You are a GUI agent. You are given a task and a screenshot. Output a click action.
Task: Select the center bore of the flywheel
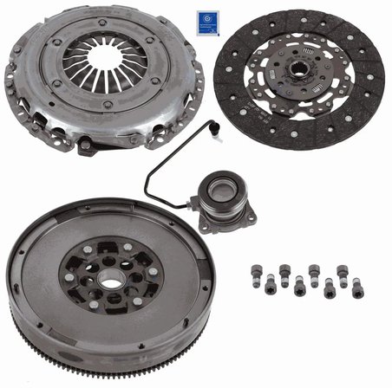(x=108, y=279)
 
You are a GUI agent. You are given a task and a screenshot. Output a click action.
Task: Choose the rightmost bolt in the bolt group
(x=357, y=286)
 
